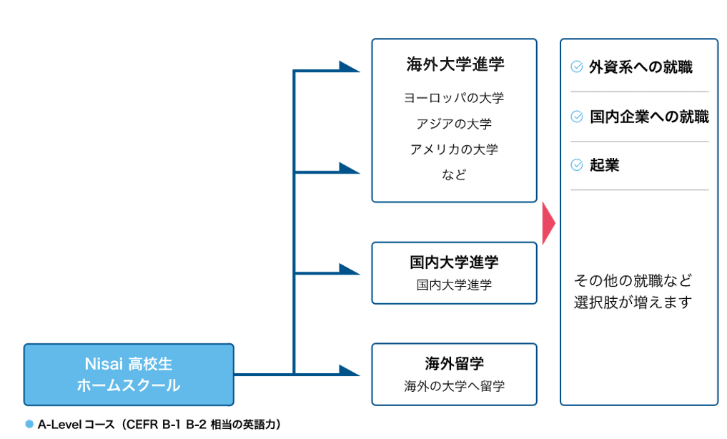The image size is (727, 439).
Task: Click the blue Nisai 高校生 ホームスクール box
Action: coord(129,375)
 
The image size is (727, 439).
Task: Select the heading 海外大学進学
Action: coord(455,64)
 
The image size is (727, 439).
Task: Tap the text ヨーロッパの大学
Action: coord(454,98)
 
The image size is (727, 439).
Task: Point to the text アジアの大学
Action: coord(454,124)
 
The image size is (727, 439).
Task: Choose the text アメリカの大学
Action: coord(454,149)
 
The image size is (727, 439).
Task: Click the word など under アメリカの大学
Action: coord(454,174)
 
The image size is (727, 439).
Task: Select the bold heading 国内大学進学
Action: coord(454,262)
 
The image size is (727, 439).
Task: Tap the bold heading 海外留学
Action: coord(454,363)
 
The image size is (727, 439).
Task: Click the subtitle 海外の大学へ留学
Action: coord(454,387)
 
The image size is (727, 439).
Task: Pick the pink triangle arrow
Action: coord(548,223)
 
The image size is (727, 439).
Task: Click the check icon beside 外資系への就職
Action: coord(577,67)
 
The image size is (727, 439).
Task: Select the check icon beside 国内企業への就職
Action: coord(577,117)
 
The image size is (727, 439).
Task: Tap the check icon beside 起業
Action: coord(577,165)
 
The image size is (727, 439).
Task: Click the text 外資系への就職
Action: coord(641,67)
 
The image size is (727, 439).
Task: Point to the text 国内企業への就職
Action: coord(649,117)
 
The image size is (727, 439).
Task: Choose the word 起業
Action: coord(604,165)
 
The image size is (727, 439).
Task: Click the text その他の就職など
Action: coord(633,280)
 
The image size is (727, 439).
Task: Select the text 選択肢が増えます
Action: coord(633,302)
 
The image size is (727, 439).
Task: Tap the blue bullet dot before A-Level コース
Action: coord(29,424)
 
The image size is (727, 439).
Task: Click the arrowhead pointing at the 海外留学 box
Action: coord(349,371)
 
